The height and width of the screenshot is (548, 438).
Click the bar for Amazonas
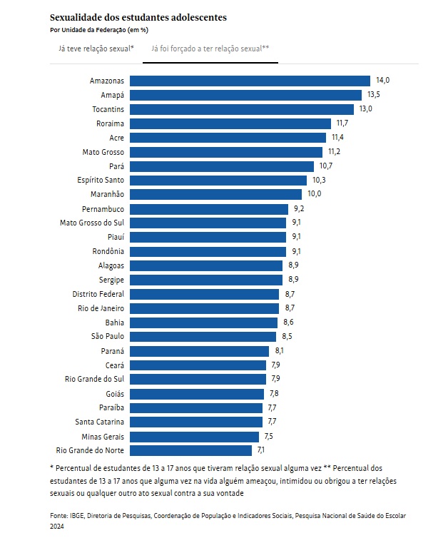coord(250,81)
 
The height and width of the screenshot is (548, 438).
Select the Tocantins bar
coord(243,109)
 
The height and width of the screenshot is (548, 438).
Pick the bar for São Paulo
coord(203,336)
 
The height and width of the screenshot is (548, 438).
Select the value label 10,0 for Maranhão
coord(315,194)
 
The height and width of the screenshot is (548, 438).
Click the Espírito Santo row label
coord(101,180)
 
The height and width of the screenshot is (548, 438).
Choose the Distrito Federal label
coord(98,293)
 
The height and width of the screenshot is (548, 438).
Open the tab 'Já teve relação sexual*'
coord(96,49)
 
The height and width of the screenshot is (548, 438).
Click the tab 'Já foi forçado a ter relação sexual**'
coord(210,49)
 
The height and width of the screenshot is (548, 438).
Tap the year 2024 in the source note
coord(57,527)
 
